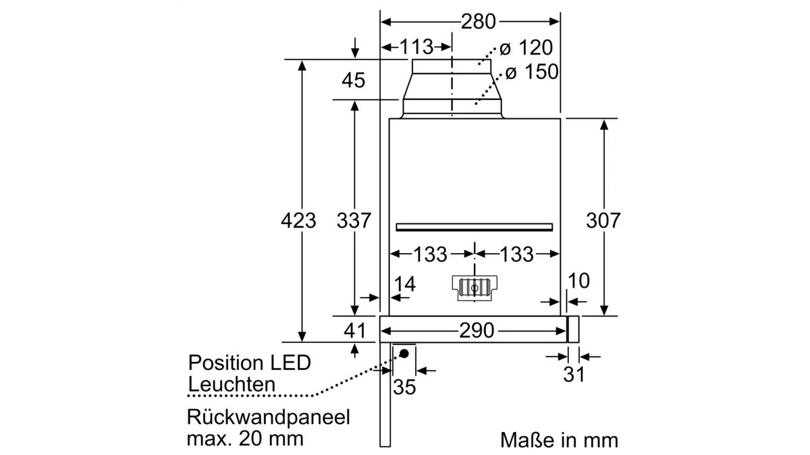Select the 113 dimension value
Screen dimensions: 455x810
(416, 47)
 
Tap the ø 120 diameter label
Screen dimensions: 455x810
(526, 48)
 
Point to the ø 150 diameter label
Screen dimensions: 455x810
(532, 72)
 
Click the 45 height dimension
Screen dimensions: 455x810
(353, 80)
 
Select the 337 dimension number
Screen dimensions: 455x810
(354, 220)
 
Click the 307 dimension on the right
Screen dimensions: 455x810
(603, 220)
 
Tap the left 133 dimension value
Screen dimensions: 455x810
(430, 255)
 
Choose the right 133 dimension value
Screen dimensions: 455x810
(516, 255)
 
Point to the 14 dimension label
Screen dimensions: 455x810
(405, 284)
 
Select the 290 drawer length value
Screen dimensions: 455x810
(477, 331)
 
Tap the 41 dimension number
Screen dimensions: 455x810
(354, 331)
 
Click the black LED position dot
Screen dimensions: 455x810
(405, 353)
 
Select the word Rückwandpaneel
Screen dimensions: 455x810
(269, 417)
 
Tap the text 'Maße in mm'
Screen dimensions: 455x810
(559, 441)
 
